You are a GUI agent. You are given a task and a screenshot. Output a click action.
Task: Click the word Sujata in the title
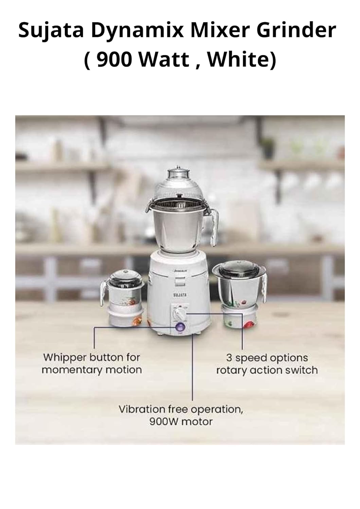51,31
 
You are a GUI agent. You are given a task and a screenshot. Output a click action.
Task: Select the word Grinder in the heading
296,31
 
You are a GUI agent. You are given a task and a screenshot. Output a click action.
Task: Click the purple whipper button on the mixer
179,327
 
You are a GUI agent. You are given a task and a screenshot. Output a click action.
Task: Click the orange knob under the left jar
137,321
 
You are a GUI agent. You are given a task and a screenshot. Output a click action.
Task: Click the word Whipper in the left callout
65,358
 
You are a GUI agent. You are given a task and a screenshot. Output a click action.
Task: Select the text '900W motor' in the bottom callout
181,422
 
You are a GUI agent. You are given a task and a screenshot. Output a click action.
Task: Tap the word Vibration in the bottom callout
139,409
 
